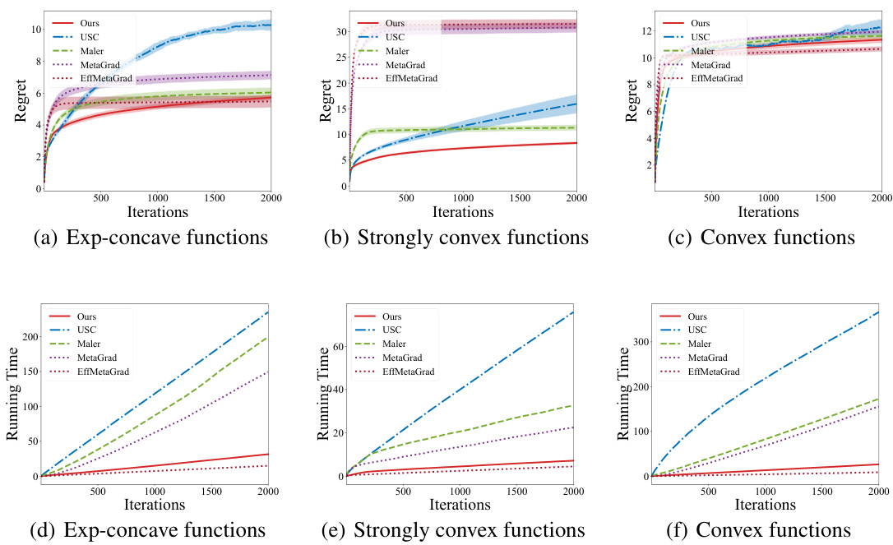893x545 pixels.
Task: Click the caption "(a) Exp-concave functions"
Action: pyautogui.click(x=150, y=238)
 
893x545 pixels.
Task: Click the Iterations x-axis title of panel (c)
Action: pyautogui.click(x=766, y=212)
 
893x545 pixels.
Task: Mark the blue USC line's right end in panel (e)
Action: pyautogui.click(x=573, y=312)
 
